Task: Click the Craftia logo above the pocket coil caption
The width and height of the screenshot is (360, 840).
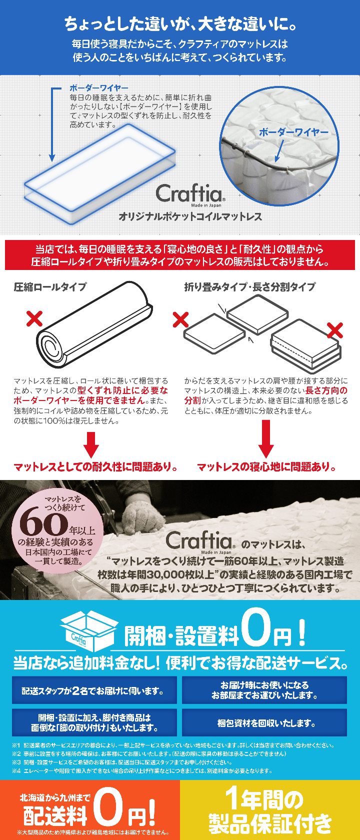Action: pos(190,193)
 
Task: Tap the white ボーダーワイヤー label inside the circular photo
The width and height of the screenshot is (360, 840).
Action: pos(293,132)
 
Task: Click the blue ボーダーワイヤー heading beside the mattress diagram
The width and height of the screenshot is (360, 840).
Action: pos(99,88)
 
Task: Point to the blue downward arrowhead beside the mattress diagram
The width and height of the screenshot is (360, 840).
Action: pos(52,157)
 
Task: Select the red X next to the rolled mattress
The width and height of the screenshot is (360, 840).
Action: pos(34,318)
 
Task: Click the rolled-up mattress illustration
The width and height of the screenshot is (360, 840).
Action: pos(94,324)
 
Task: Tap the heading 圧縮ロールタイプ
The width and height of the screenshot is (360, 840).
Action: pos(50,287)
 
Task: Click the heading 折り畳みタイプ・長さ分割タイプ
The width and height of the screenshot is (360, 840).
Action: pos(250,287)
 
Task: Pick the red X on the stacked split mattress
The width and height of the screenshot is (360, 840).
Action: pos(334,330)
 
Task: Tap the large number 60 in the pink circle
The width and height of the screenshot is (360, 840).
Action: pos(43,524)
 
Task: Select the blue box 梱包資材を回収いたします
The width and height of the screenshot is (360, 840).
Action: pos(264,723)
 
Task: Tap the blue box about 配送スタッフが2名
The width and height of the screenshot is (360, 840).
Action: pos(94,691)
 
